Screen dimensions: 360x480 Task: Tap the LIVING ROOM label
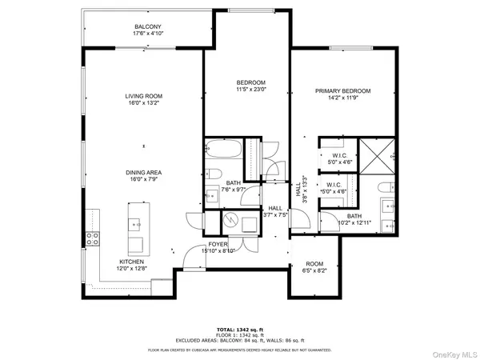pyautogui.click(x=144, y=97)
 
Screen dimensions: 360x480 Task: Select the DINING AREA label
pyautogui.click(x=144, y=173)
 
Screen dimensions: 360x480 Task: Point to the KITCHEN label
pyautogui.click(x=132, y=262)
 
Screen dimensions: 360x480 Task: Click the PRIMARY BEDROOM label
pyautogui.click(x=342, y=92)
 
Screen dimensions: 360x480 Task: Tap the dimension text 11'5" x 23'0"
pyautogui.click(x=250, y=90)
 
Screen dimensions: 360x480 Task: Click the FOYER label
pyautogui.click(x=218, y=244)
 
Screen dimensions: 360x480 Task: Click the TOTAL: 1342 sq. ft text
pyautogui.click(x=239, y=330)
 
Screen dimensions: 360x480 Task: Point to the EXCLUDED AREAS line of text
pyautogui.click(x=239, y=341)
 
